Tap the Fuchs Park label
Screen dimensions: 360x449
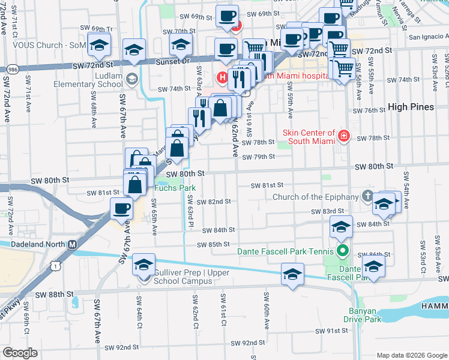click(175, 188)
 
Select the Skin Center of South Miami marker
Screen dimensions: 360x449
click(343, 136)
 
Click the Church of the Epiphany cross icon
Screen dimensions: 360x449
click(367, 197)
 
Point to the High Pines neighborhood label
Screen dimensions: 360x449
click(411, 107)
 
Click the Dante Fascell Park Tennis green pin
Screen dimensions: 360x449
click(342, 251)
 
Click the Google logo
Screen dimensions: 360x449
click(19, 353)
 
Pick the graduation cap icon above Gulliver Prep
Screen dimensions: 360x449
click(143, 264)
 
